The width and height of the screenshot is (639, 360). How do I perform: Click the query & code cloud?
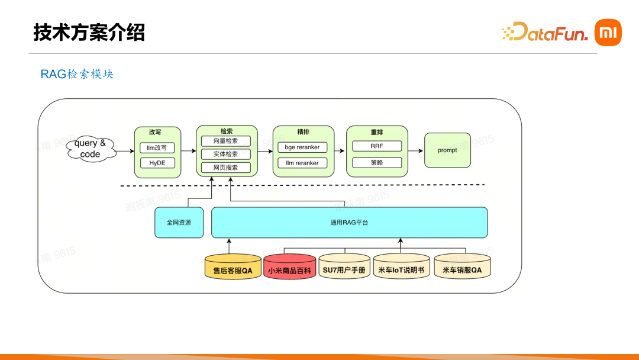91,149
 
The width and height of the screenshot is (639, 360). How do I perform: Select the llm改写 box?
157,147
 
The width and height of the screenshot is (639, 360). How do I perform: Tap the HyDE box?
157,163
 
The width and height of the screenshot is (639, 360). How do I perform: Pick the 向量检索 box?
226,141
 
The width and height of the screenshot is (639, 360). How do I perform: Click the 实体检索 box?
226,154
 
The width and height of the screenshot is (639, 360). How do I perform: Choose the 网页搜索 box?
226,168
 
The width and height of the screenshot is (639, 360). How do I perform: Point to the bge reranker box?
302,147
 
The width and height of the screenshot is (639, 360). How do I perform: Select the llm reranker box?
302,163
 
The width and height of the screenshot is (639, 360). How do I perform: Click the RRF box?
377,146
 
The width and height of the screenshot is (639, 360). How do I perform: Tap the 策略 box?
377,163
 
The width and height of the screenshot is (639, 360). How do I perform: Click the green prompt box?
447,150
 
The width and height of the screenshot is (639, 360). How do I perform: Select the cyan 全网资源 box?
179,223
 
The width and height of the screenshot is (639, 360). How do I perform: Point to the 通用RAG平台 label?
349,223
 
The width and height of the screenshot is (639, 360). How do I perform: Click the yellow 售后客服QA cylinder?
233,266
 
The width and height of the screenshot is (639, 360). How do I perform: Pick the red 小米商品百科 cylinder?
290,266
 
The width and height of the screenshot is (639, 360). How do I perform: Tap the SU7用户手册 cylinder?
344,266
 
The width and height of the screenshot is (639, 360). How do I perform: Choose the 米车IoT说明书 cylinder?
401,266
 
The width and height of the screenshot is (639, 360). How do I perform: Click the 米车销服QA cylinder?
462,266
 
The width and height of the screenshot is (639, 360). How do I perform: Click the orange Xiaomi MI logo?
608,33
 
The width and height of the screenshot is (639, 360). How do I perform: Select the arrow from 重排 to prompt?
416,151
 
